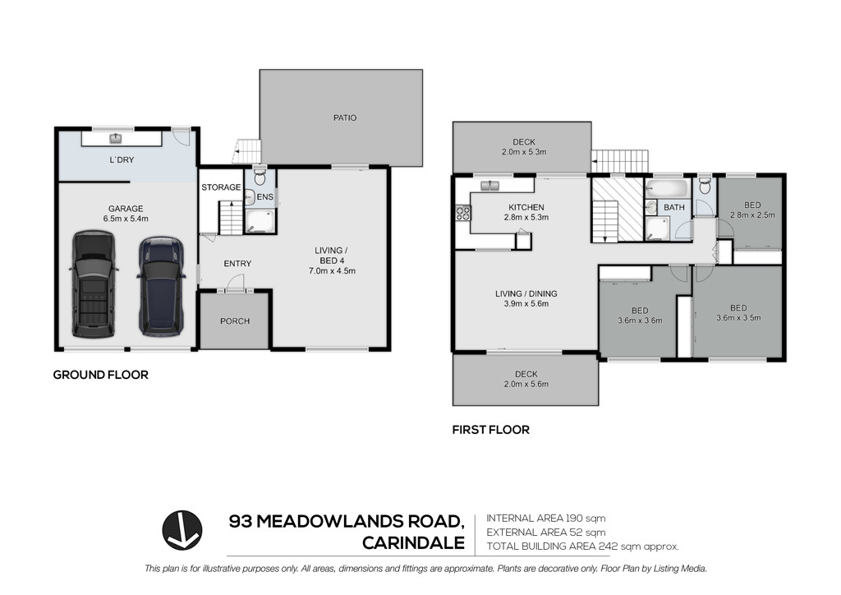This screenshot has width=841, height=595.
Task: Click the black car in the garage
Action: pos(93,284)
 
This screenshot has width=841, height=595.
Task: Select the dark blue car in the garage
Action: pos(162,286)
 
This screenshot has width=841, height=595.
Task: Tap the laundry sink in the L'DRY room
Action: pos(115,139)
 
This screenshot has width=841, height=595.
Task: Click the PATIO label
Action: pos(344,118)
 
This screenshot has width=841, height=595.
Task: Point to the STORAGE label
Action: pos(221,187)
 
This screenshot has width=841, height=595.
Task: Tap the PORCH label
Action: pos(235,321)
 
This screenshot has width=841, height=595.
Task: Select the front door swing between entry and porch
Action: pos(235,283)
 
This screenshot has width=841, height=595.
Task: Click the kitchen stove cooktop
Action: pos(462,214)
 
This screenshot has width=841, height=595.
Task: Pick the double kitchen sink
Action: pos(490,186)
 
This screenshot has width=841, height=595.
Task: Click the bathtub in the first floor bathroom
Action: pos(667,188)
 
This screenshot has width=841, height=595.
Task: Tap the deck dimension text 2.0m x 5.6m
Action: pos(526,384)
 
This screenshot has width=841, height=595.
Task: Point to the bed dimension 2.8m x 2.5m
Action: pos(752,215)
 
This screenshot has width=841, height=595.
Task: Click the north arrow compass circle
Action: pos(182,530)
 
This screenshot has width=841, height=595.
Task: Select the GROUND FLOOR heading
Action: pos(100,375)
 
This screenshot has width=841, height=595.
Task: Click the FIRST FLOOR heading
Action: pos(491,430)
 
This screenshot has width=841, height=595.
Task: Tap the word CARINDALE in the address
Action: pos(414,543)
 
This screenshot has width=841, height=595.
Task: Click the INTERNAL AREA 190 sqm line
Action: pos(546,519)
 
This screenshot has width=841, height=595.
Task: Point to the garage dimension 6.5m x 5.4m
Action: pos(126,219)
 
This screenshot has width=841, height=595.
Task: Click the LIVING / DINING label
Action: pos(526,293)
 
